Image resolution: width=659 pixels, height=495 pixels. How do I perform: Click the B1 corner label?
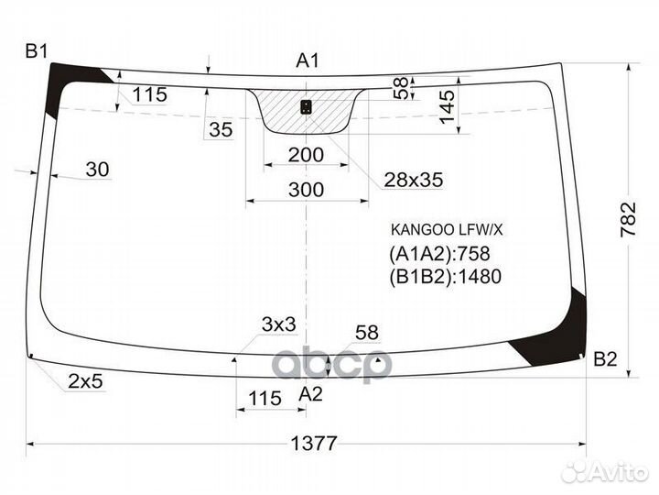coord(36,51)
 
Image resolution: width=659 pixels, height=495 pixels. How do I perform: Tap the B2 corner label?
coord(605,358)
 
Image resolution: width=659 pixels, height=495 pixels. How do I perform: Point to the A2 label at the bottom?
coord(312,393)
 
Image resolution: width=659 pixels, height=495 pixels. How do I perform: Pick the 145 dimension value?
coord(446,109)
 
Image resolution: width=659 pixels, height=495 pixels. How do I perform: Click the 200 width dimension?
coord(305,155)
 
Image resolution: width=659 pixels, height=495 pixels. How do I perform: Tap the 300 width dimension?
coord(305,190)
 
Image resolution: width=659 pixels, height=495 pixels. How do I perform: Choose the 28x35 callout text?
coord(413,181)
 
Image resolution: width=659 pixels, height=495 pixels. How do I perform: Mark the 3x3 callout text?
coord(278,324)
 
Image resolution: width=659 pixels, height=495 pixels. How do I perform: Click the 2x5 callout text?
coord(83,382)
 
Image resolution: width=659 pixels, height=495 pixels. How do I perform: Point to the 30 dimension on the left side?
coord(97,169)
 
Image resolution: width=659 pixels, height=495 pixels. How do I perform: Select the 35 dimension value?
coord(221,129)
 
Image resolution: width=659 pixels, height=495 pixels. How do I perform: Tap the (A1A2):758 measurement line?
coord(439,254)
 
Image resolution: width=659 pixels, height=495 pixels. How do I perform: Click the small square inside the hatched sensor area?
coord(306,107)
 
